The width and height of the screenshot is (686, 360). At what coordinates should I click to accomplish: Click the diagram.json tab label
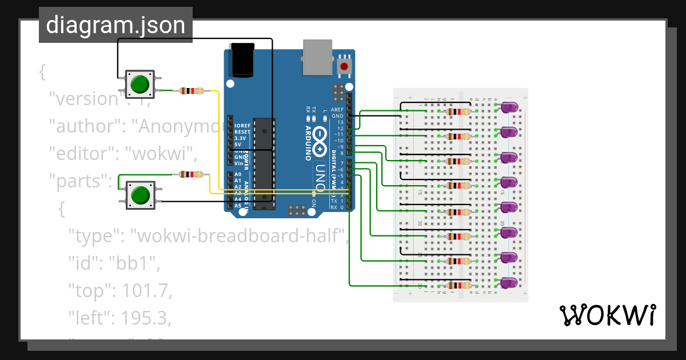click(x=115, y=25)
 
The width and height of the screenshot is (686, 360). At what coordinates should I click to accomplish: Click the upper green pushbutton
click(x=139, y=85)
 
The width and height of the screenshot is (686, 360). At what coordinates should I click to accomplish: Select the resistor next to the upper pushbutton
click(x=192, y=90)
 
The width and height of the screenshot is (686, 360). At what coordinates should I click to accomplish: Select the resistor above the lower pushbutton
click(x=192, y=174)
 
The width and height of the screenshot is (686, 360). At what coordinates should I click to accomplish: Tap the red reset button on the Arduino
click(x=344, y=66)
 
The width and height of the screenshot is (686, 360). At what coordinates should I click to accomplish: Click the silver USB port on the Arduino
click(x=317, y=57)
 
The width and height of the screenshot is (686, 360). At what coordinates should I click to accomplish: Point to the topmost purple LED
click(x=509, y=107)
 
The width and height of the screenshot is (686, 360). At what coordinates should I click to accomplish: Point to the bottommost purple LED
click(x=509, y=283)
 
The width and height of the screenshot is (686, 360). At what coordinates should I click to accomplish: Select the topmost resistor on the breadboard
click(x=458, y=111)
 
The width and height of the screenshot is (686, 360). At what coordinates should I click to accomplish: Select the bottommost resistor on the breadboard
click(x=458, y=286)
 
